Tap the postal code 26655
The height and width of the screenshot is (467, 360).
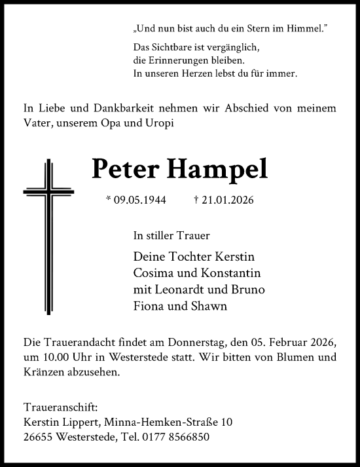click(37, 437)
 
